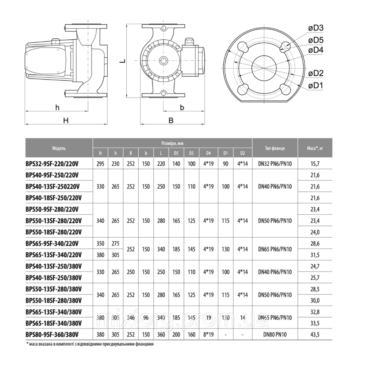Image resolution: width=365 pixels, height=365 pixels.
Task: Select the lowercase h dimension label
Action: pyautogui.click(x=57, y=107)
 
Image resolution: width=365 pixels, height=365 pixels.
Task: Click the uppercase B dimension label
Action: pyautogui.click(x=170, y=121)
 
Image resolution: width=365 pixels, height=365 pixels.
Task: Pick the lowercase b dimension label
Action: pyautogui.click(x=182, y=107)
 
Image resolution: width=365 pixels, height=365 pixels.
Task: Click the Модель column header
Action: pyautogui.click(x=59, y=148)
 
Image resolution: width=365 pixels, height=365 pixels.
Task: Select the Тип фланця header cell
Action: pyautogui.click(x=275, y=148)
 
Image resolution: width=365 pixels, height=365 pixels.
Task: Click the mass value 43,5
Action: pyautogui.click(x=314, y=334)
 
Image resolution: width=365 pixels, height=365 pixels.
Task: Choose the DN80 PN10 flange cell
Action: pyautogui.click(x=275, y=334)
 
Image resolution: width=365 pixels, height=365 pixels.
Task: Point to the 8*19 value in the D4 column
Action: pyautogui.click(x=208, y=334)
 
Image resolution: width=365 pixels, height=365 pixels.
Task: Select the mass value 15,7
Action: pyautogui.click(x=314, y=164)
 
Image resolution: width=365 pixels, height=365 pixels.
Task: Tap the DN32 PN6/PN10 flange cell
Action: pyautogui.click(x=275, y=164)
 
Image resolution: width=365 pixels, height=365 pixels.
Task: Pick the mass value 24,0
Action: pyautogui.click(x=314, y=232)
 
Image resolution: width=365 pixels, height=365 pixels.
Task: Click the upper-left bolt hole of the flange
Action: pyautogui.click(x=243, y=46)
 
